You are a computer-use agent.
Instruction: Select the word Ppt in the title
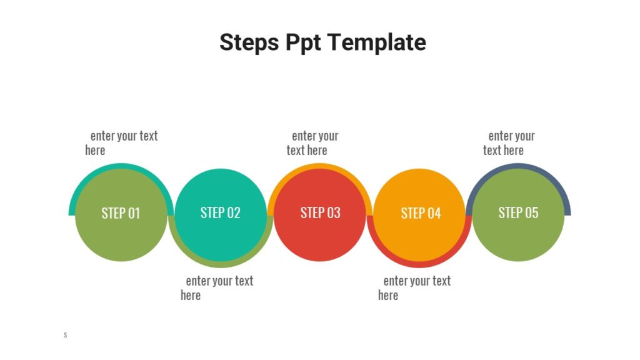click(304, 42)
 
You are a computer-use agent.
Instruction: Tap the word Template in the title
click(377, 42)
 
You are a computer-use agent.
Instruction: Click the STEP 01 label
click(121, 213)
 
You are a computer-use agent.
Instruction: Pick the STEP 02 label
click(221, 212)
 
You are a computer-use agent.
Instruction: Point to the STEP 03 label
click(321, 212)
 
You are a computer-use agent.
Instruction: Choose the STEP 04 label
click(421, 213)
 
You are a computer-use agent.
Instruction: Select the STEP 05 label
click(518, 212)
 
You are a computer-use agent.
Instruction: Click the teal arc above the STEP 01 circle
click(121, 166)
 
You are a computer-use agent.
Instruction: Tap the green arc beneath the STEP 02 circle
click(221, 264)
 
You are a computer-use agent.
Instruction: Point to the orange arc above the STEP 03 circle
click(320, 166)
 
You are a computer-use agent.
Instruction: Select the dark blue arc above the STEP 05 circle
click(518, 166)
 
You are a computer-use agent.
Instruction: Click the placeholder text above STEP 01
click(121, 143)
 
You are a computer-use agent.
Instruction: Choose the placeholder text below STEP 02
click(217, 288)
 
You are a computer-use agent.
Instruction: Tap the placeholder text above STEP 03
click(312, 143)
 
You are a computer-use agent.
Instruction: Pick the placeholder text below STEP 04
click(414, 288)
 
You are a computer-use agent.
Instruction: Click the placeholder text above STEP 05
click(509, 143)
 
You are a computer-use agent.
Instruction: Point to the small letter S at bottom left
click(65, 336)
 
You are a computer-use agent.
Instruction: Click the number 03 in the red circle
click(333, 212)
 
